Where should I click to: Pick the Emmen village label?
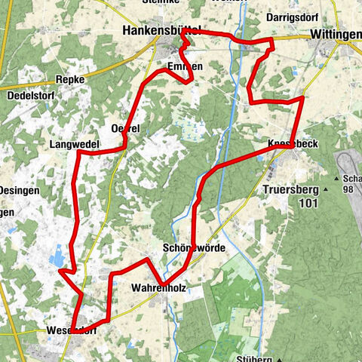pyautogui.click(x=185, y=67)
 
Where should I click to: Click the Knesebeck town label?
pyautogui.click(x=290, y=143)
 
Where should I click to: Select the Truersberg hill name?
pyautogui.click(x=293, y=190)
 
